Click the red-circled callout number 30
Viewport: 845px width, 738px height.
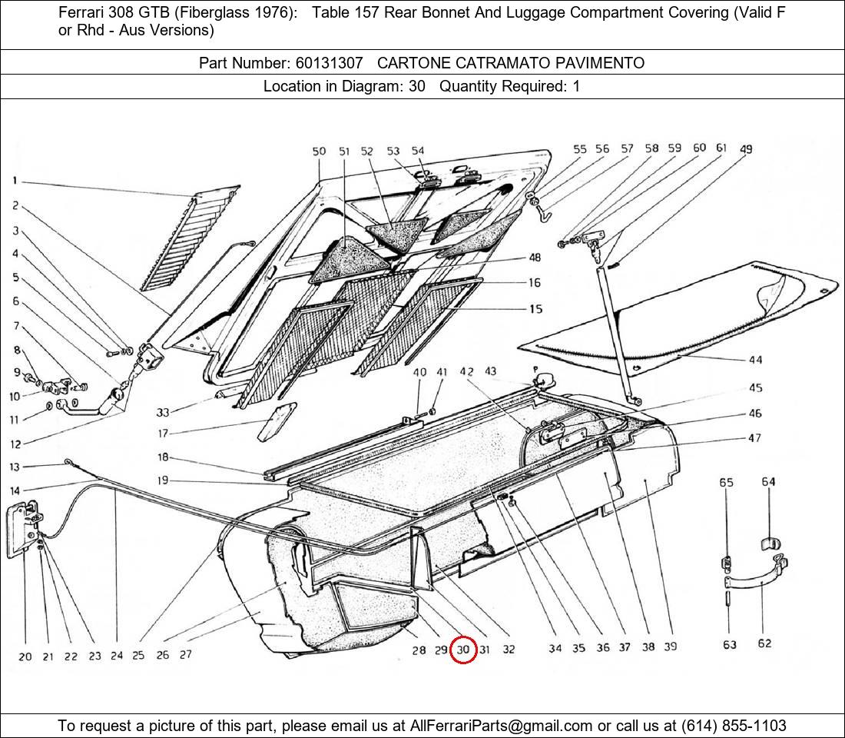click(x=463, y=650)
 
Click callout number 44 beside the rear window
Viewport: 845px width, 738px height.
click(x=755, y=360)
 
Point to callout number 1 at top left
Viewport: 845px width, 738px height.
click(x=15, y=181)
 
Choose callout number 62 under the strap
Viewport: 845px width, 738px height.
click(x=764, y=643)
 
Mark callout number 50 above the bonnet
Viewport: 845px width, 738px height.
click(x=319, y=152)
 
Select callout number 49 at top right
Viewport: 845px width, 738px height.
click(x=746, y=149)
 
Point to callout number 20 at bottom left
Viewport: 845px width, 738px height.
click(x=25, y=657)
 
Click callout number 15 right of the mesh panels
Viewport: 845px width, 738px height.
click(x=535, y=309)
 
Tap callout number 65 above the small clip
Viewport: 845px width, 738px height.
click(x=726, y=483)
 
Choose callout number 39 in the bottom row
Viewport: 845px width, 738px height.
click(x=671, y=647)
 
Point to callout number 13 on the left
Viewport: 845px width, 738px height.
click(x=15, y=467)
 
